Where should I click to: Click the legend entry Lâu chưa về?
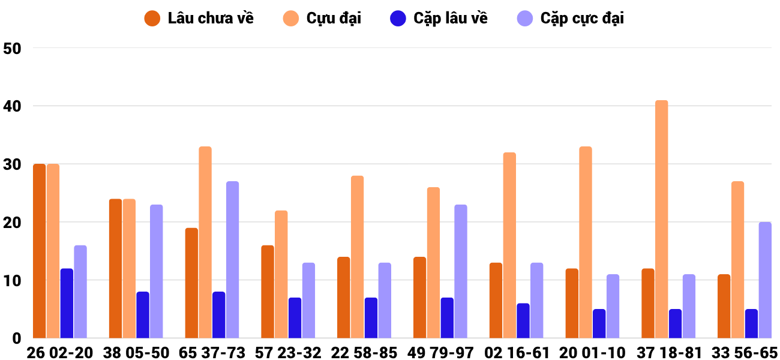pyautogui.click(x=199, y=19)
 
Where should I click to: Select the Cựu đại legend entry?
pyautogui.click(x=322, y=19)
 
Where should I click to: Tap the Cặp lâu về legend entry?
pyautogui.click(x=439, y=19)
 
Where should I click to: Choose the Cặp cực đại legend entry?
pyautogui.click(x=571, y=19)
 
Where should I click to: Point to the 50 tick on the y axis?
pyautogui.click(x=12, y=49)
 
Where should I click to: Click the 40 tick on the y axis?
pyautogui.click(x=12, y=106)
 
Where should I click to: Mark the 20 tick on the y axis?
pyautogui.click(x=12, y=223)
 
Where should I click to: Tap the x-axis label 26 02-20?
pyautogui.click(x=60, y=353)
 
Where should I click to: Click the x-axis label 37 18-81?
pyautogui.click(x=668, y=353)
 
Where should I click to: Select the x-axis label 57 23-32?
pyautogui.click(x=288, y=353)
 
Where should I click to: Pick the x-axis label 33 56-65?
pyautogui.click(x=744, y=353)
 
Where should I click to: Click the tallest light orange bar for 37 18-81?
pyautogui.click(x=662, y=219)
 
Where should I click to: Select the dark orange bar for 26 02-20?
pyautogui.click(x=40, y=251)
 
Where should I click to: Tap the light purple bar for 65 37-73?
pyautogui.click(x=233, y=260)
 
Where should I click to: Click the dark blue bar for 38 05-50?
pyautogui.click(x=143, y=315)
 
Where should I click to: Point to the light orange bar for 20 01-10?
pyautogui.click(x=586, y=242)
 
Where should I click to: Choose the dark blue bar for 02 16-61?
pyautogui.click(x=523, y=320)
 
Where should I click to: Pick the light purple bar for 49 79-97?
pyautogui.click(x=461, y=271)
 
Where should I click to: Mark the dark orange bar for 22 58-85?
pyautogui.click(x=344, y=298)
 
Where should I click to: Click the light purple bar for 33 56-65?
pyautogui.click(x=765, y=280)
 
